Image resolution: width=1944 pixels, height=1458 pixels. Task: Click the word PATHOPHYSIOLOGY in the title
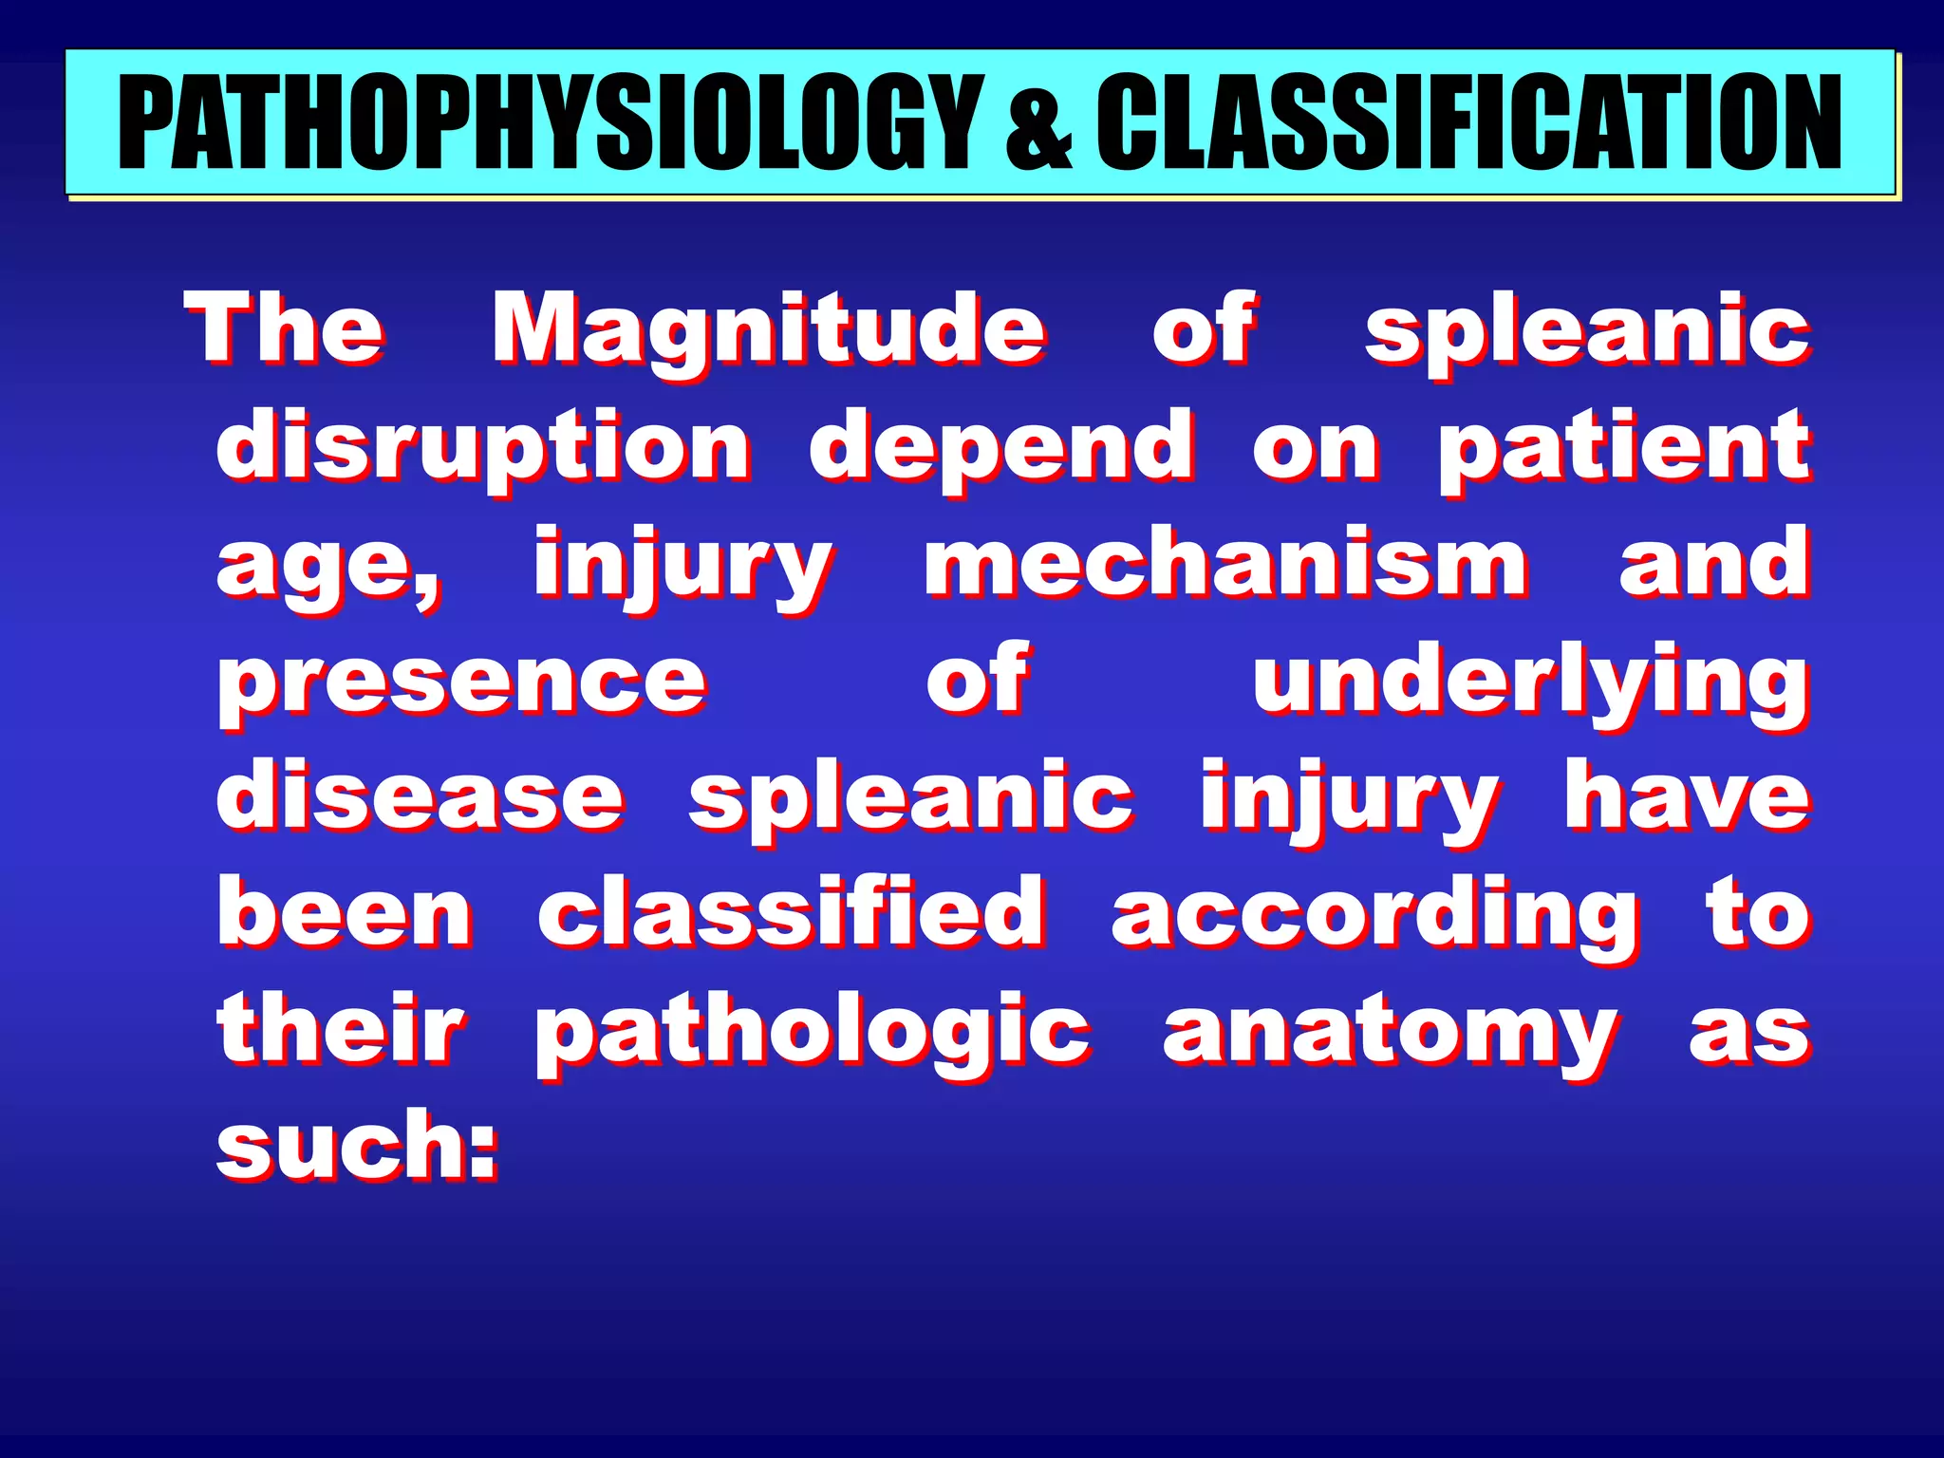(x=551, y=123)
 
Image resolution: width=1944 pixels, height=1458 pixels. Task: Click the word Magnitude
(x=769, y=330)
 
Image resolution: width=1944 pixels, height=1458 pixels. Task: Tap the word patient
(x=1624, y=446)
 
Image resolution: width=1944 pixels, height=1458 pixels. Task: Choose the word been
(x=346, y=913)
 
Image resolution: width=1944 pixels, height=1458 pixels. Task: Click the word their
(x=341, y=1029)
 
